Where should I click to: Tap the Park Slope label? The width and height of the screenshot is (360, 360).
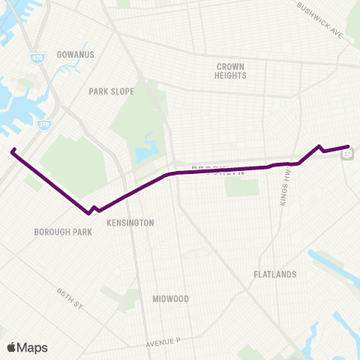point(111,91)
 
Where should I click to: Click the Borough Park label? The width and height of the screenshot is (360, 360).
point(63,232)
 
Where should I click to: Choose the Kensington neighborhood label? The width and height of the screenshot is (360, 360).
point(130,223)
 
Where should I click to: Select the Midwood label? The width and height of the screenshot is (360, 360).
point(170,298)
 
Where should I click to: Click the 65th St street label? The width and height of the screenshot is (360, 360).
point(72,294)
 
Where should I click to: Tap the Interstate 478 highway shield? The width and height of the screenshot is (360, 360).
point(36,58)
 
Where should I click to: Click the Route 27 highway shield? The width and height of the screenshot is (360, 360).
point(347,154)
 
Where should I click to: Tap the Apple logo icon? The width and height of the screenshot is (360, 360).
point(11,347)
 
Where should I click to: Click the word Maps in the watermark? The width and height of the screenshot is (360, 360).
point(32,347)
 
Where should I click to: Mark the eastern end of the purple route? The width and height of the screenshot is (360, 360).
point(349,146)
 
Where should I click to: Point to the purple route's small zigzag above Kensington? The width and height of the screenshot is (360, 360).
point(94,208)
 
